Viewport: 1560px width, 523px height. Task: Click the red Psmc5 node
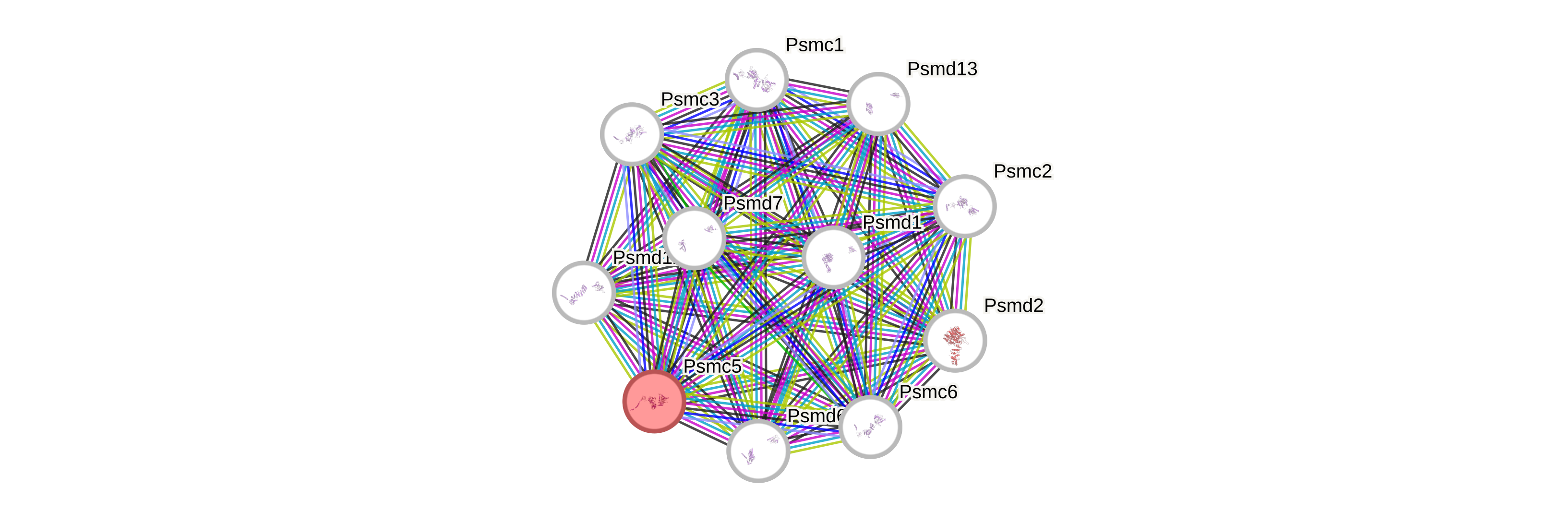click(x=654, y=401)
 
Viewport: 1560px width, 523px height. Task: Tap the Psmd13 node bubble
click(x=878, y=104)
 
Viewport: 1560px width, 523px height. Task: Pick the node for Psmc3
click(x=632, y=134)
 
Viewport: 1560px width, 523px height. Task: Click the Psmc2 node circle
click(x=964, y=206)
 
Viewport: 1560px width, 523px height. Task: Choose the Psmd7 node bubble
click(x=694, y=238)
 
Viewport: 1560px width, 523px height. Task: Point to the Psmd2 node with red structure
click(x=955, y=340)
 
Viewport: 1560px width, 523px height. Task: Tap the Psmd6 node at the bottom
click(x=757, y=451)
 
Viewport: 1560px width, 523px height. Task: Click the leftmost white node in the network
click(x=584, y=292)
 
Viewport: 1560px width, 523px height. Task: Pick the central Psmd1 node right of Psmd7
click(x=833, y=257)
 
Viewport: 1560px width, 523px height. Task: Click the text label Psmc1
click(x=815, y=45)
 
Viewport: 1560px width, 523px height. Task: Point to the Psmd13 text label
click(x=942, y=69)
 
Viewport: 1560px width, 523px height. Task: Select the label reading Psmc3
click(x=690, y=99)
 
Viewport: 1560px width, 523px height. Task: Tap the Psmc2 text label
click(x=1023, y=171)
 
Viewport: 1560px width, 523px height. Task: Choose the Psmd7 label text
click(x=753, y=203)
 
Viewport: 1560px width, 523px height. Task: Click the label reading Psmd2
click(x=1014, y=306)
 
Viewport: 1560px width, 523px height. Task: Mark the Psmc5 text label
click(x=712, y=366)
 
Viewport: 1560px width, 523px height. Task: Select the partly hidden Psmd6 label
click(x=814, y=416)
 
